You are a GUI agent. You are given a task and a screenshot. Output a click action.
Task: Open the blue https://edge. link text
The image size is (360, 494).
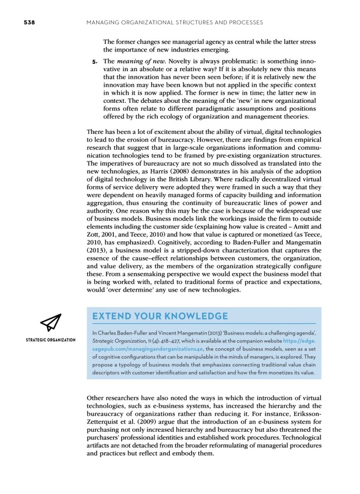pos(298,340)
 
